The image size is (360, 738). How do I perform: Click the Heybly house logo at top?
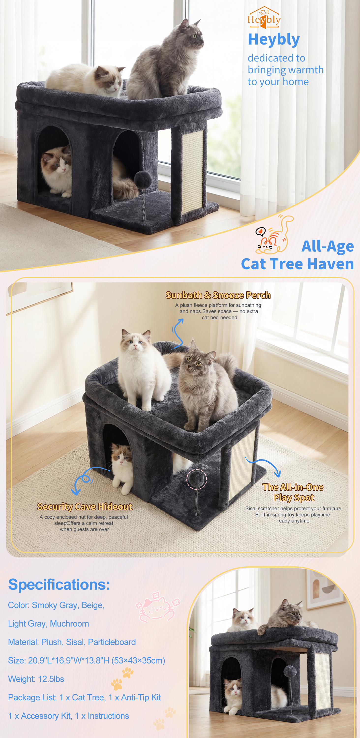click(264, 17)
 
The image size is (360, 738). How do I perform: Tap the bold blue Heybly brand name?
click(274, 39)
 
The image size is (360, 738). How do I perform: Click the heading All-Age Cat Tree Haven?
click(298, 255)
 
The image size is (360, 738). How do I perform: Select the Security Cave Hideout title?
click(85, 507)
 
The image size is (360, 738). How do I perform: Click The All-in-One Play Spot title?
click(293, 492)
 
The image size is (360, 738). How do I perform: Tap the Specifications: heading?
click(59, 584)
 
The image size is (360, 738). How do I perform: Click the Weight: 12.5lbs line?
click(36, 679)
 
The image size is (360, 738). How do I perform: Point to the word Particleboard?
click(112, 642)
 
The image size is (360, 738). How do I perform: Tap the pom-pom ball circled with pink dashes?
click(196, 478)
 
